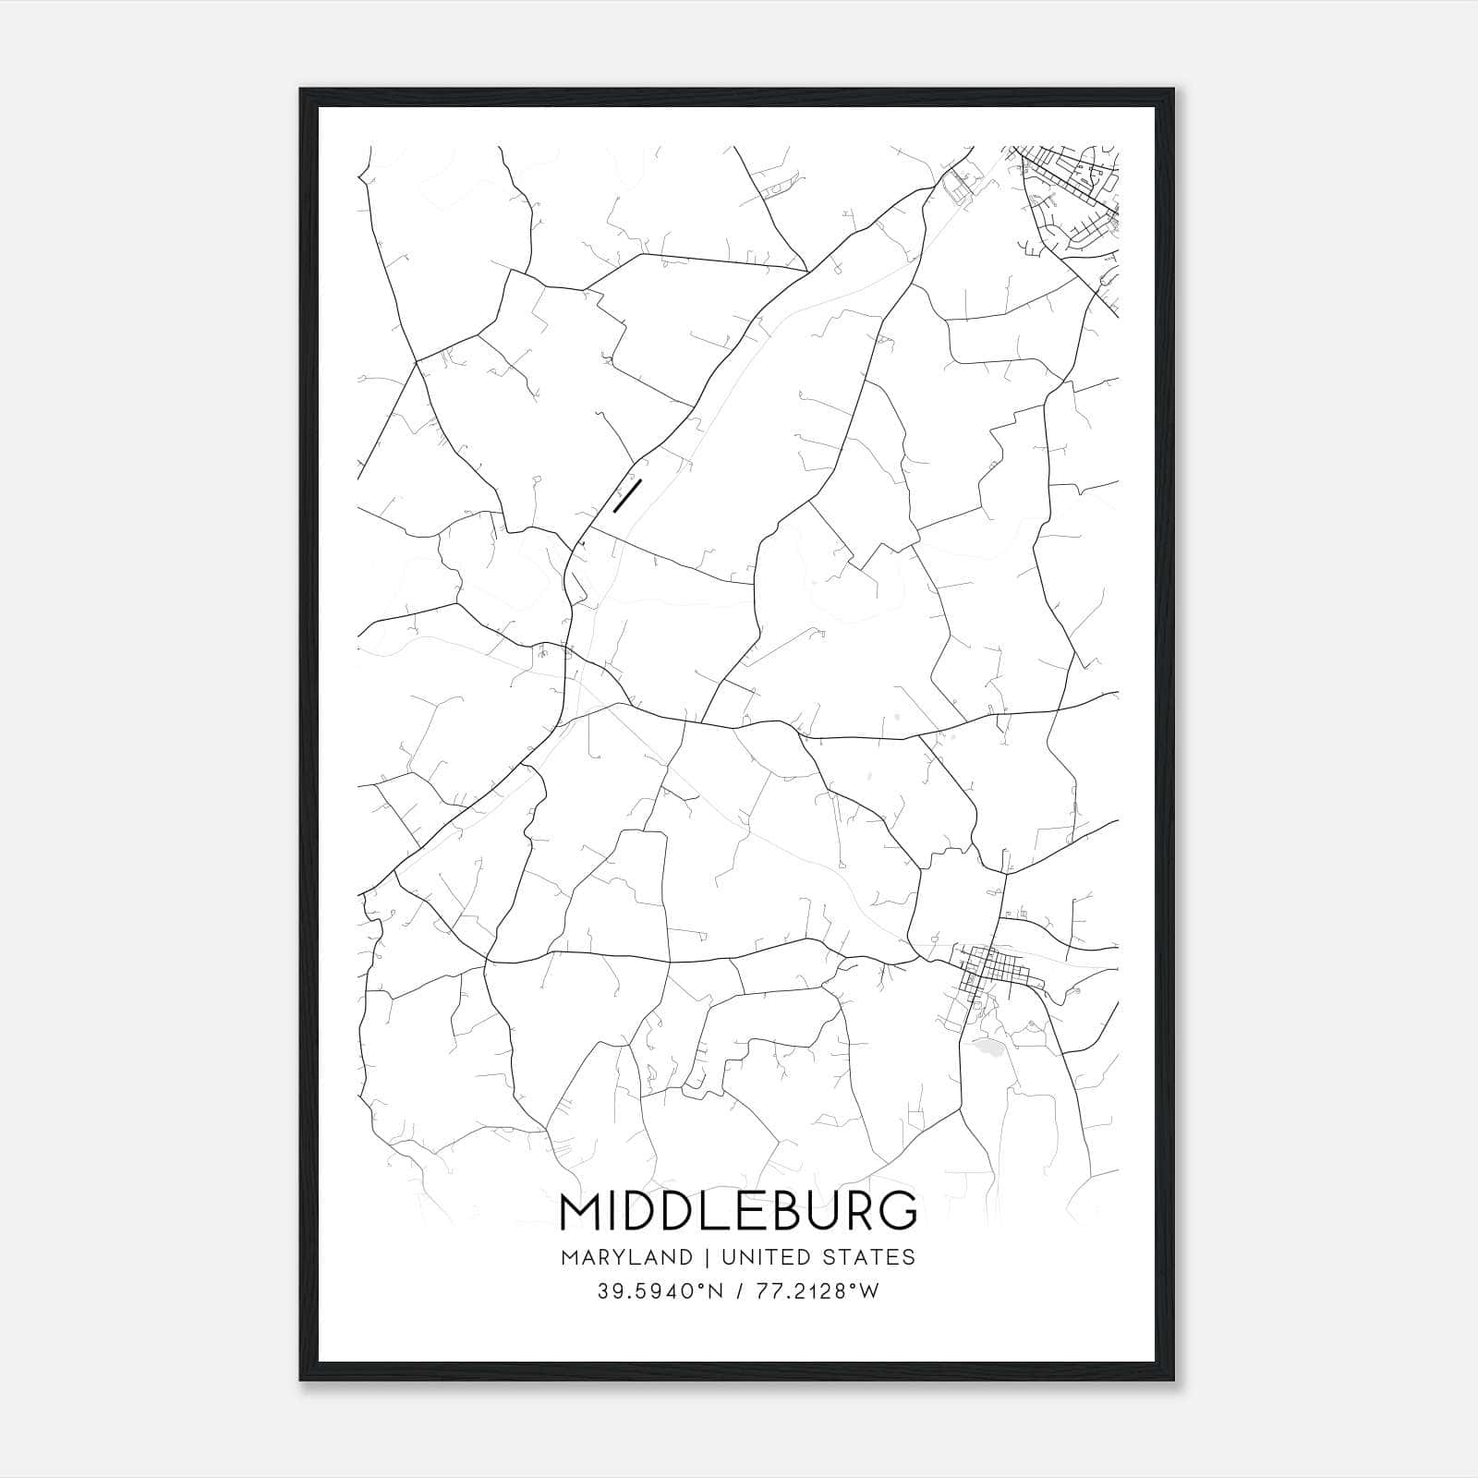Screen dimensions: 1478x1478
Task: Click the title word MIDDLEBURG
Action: coord(738,1211)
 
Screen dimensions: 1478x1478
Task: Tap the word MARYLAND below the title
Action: coord(624,1257)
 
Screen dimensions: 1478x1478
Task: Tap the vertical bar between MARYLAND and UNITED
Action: coord(707,1257)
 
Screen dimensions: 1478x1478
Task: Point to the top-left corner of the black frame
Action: coord(301,90)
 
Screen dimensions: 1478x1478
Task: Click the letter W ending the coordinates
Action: coord(869,1291)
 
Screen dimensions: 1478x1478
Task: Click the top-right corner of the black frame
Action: coord(1176,90)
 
